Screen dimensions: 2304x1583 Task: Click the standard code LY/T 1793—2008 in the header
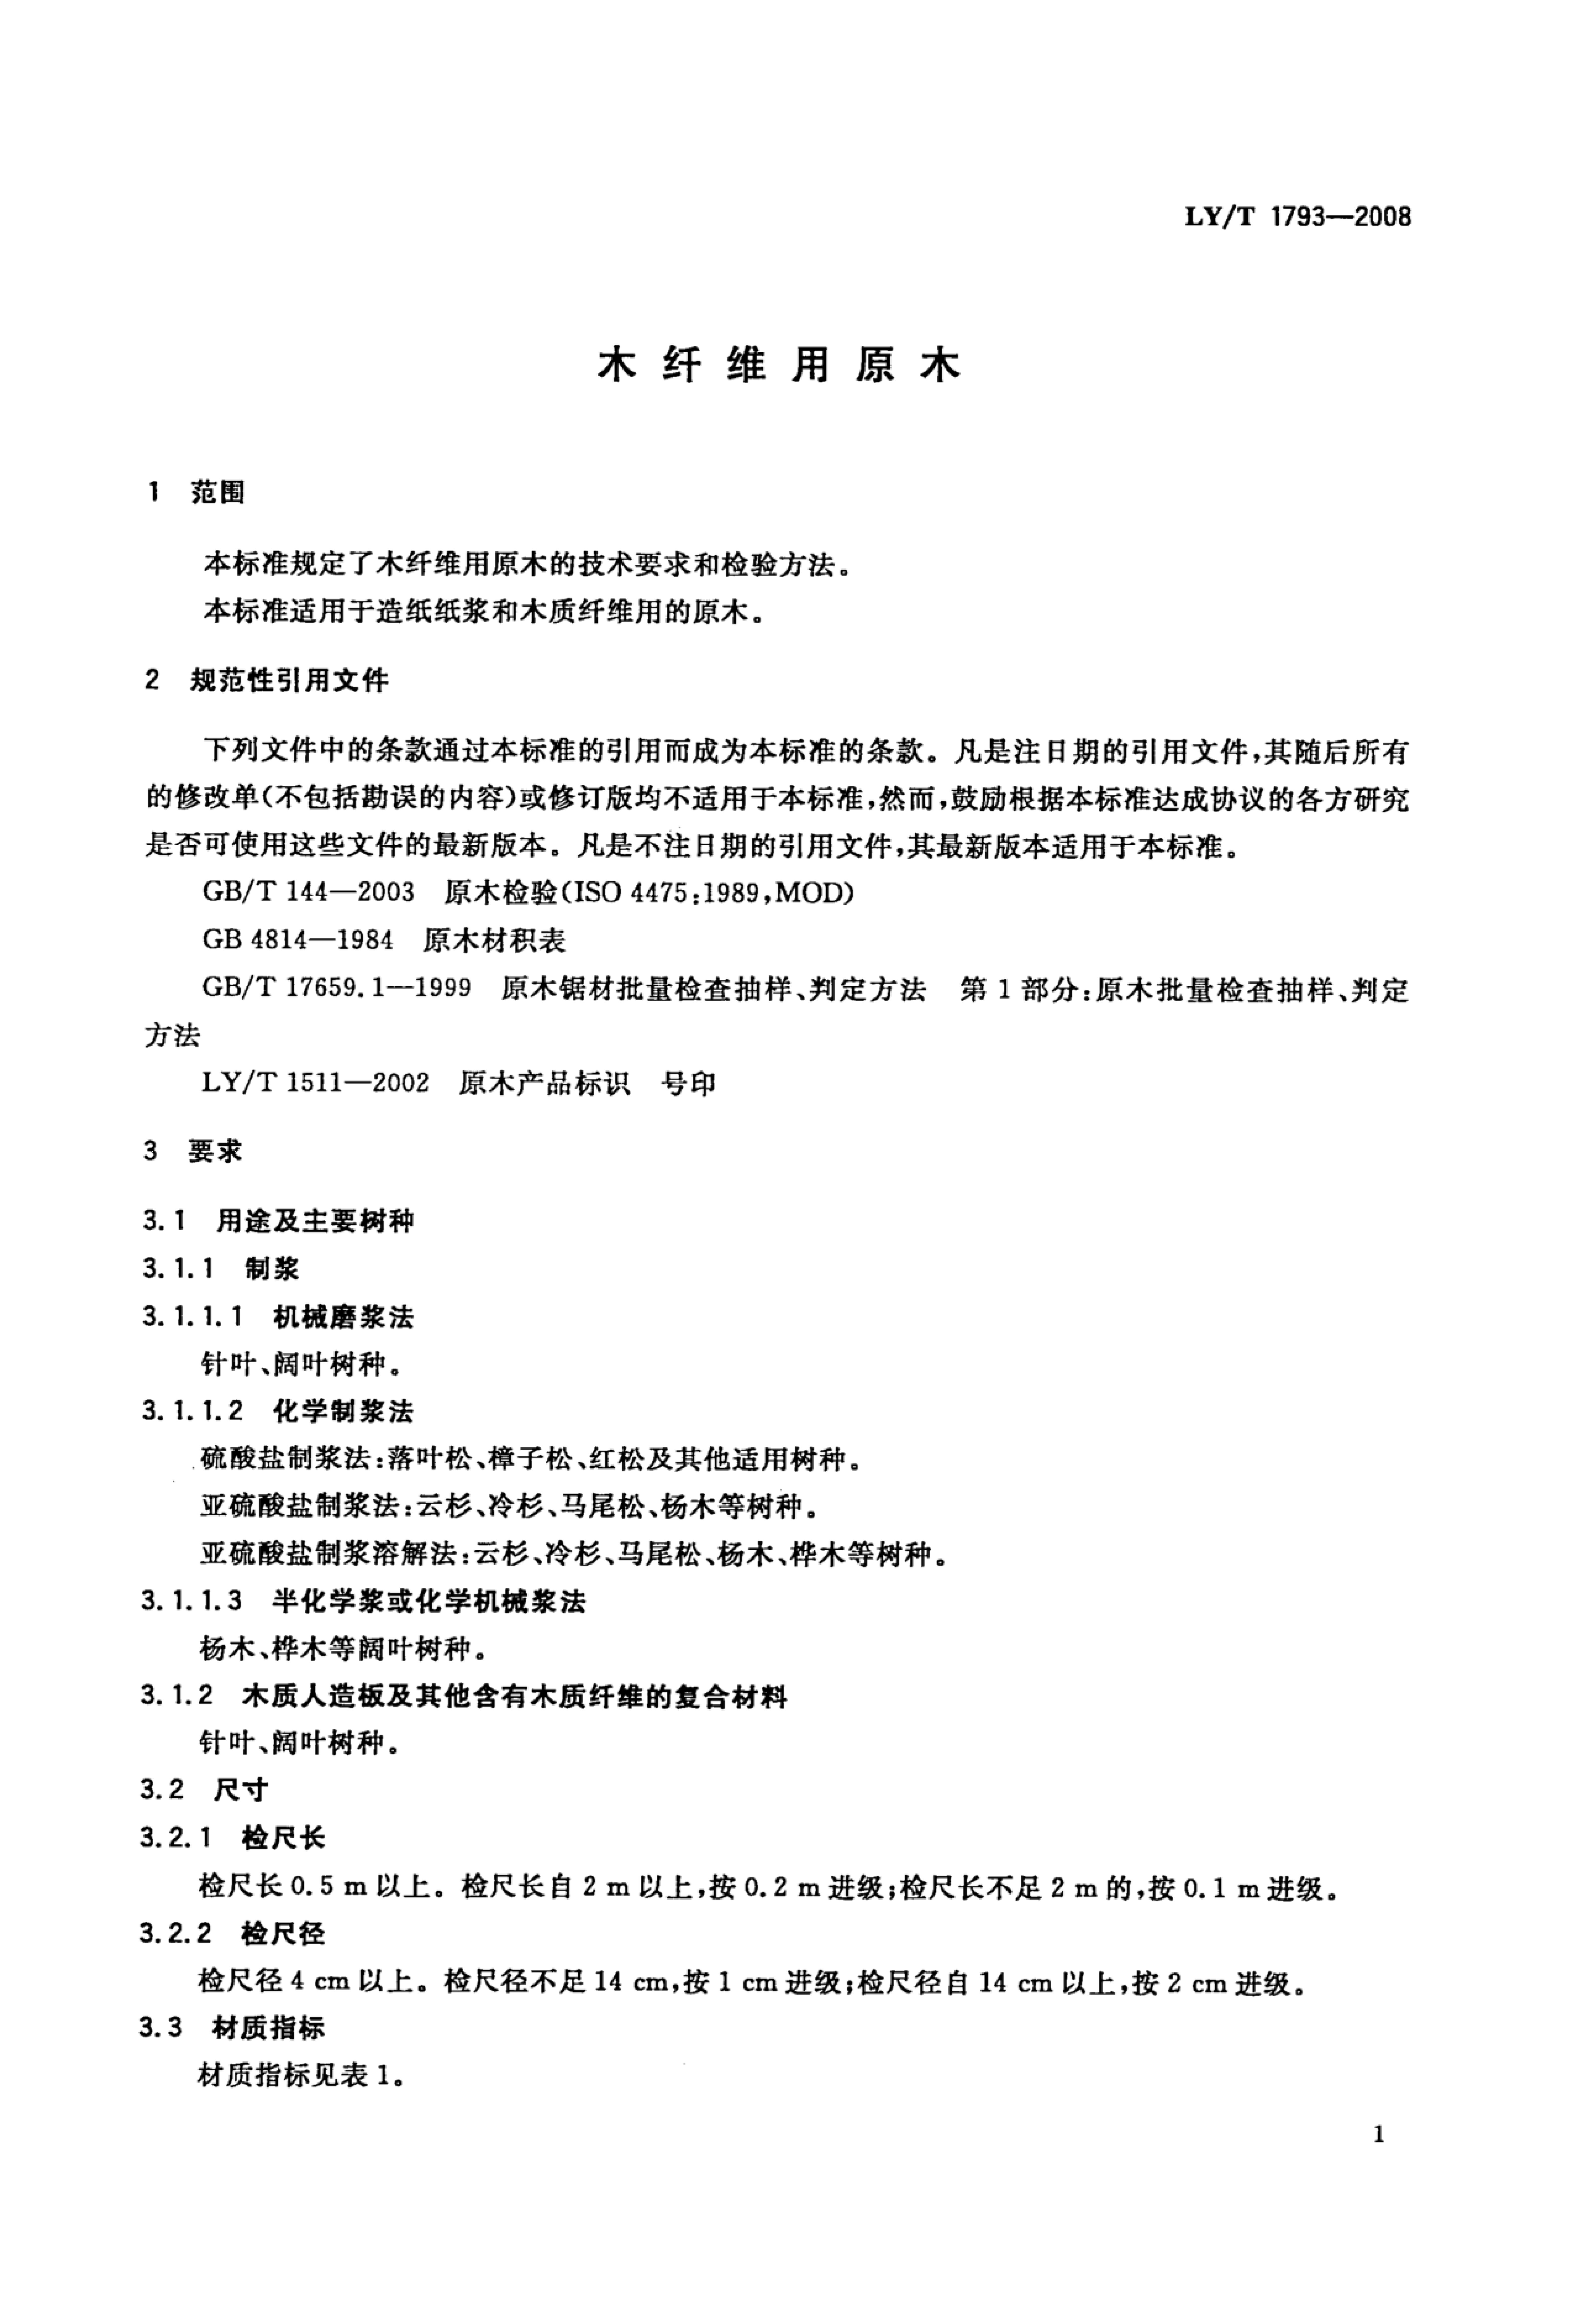pyautogui.click(x=1297, y=217)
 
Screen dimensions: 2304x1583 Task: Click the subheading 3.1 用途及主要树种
pyautogui.click(x=278, y=1221)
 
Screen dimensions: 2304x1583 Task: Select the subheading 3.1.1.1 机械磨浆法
pyautogui.click(x=278, y=1317)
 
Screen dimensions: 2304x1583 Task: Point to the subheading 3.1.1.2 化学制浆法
pyautogui.click(x=278, y=1411)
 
